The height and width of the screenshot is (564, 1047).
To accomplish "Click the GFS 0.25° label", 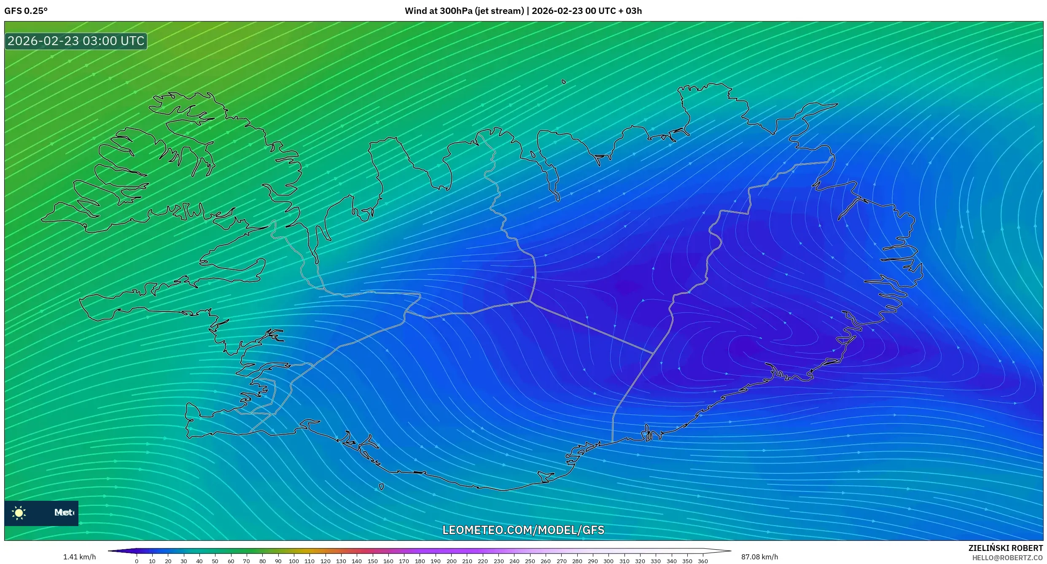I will pyautogui.click(x=26, y=11).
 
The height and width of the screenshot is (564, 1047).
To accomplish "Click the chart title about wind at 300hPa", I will pyautogui.click(x=523, y=11).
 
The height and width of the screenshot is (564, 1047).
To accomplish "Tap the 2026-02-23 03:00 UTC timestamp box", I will pyautogui.click(x=76, y=41).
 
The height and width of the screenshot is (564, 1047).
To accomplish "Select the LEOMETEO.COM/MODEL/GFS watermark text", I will pyautogui.click(x=523, y=530).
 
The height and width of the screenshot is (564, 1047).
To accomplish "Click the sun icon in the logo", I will pyautogui.click(x=19, y=513).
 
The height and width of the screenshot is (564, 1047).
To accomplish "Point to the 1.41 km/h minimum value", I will pyautogui.click(x=79, y=557).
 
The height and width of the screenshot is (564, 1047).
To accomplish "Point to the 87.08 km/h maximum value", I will pyautogui.click(x=759, y=557).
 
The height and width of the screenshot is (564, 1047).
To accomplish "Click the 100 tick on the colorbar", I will pyautogui.click(x=294, y=561).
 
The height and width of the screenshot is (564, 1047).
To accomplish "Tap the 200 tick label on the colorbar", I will pyautogui.click(x=451, y=561).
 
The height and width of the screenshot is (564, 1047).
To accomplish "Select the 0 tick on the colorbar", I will pyautogui.click(x=137, y=561).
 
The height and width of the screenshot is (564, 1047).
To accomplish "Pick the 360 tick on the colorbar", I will pyautogui.click(x=703, y=561).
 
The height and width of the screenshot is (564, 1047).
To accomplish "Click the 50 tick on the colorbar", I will pyautogui.click(x=215, y=561).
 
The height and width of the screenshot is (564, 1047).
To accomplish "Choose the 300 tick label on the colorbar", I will pyautogui.click(x=608, y=561).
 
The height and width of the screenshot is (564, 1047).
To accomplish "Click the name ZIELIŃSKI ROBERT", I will pyautogui.click(x=1005, y=548).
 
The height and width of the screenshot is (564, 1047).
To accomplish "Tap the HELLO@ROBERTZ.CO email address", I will pyautogui.click(x=1007, y=558).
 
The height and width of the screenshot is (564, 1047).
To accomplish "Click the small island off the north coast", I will pyautogui.click(x=564, y=82).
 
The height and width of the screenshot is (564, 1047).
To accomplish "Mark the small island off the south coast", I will pyautogui.click(x=381, y=487).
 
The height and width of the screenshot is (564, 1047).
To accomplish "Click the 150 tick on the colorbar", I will pyautogui.click(x=373, y=561).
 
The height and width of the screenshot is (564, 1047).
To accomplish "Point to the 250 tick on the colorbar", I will pyautogui.click(x=530, y=561).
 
